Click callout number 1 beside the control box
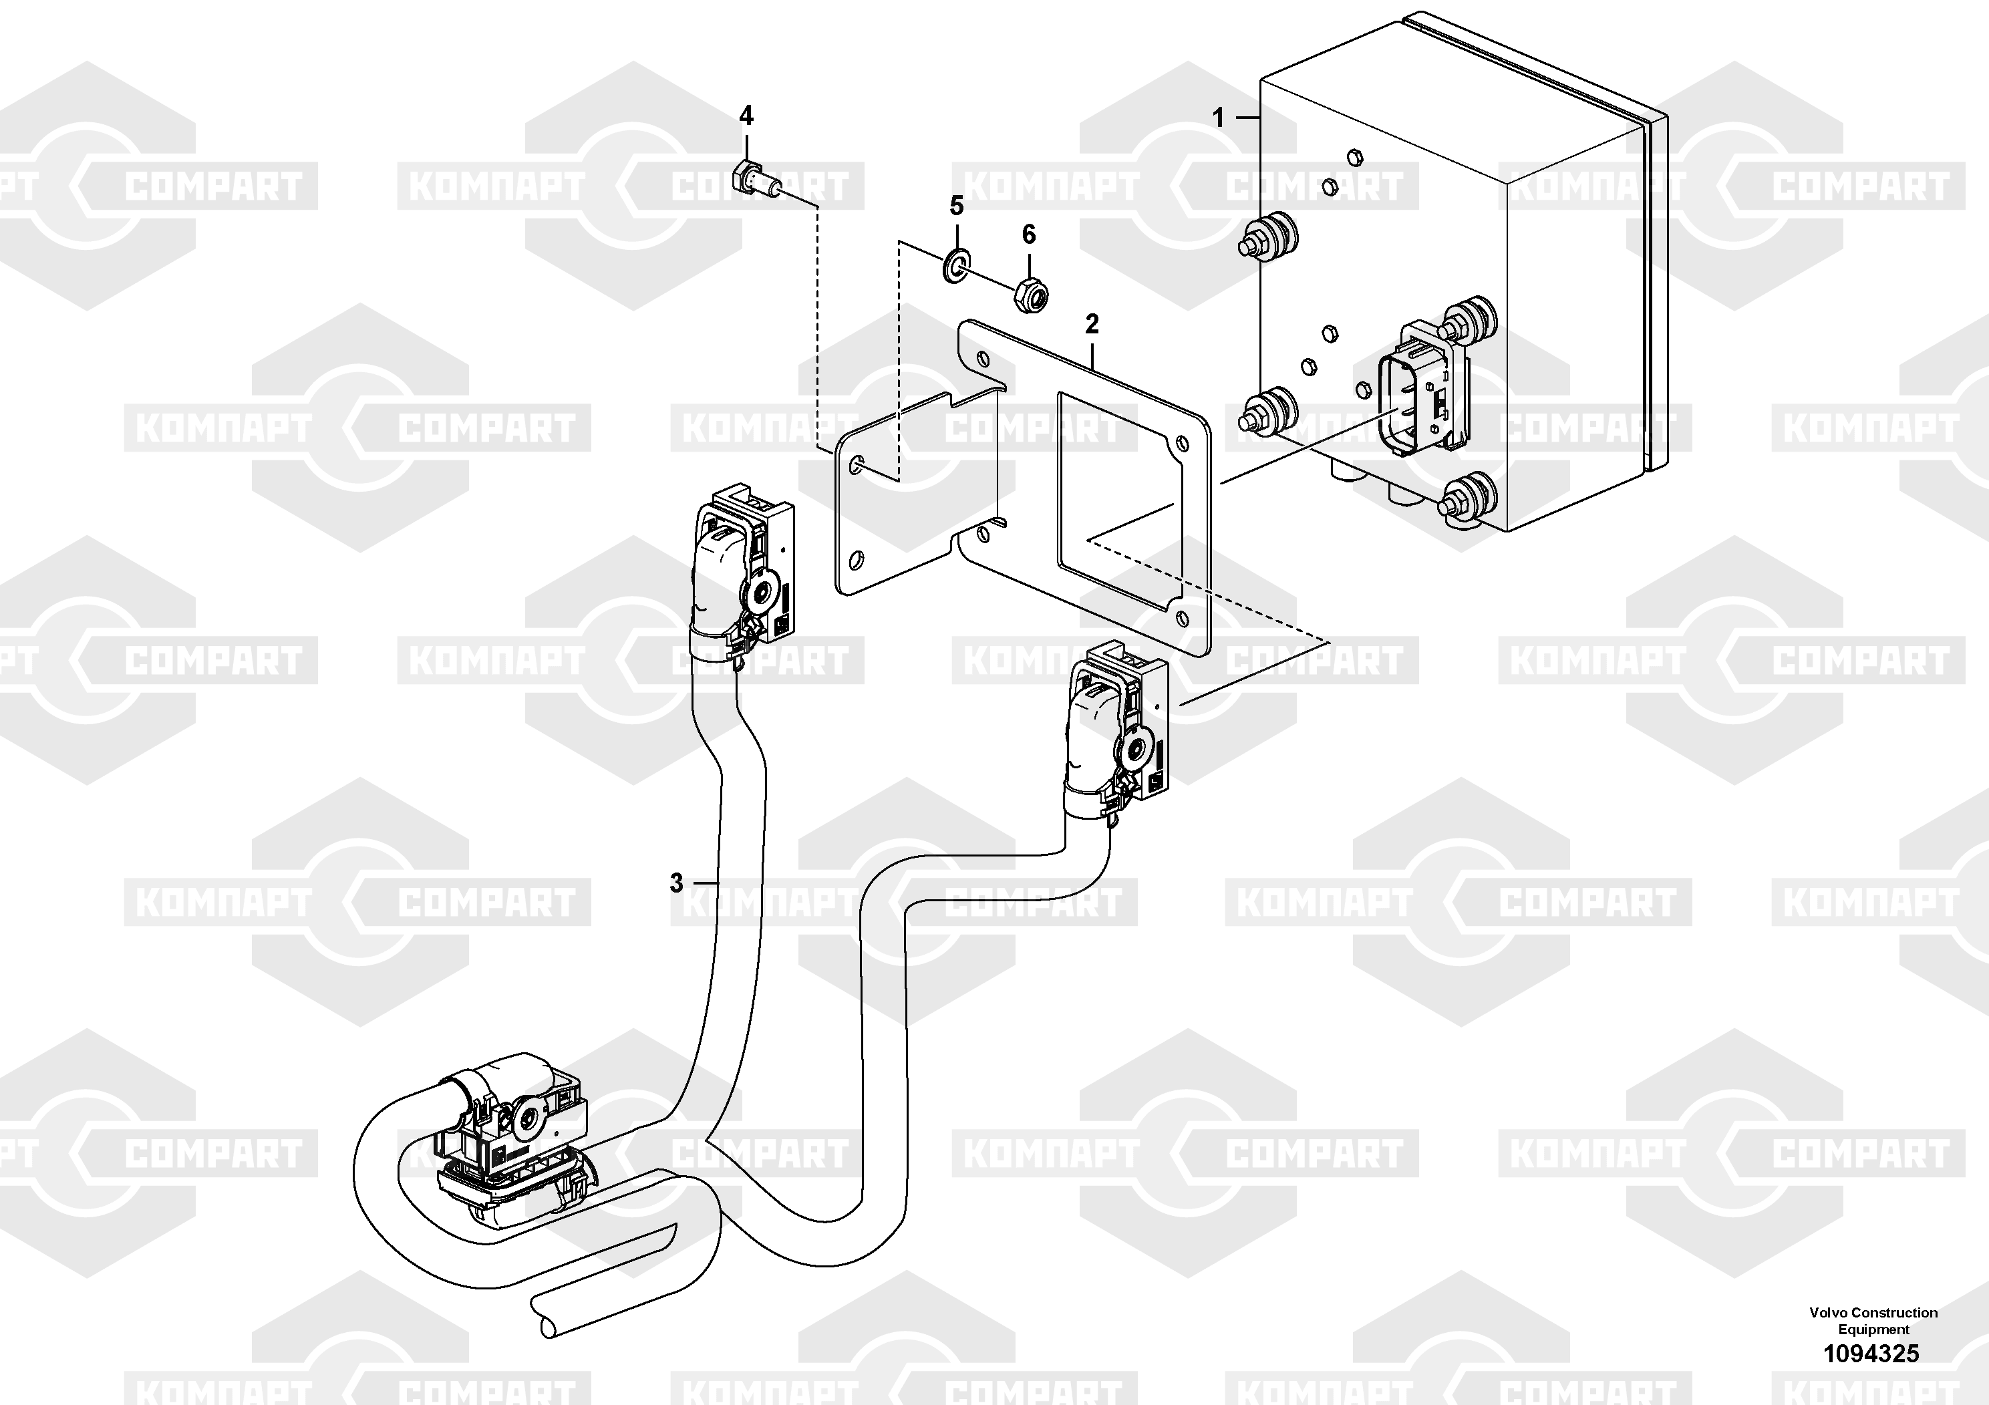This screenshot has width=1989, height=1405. coord(1218,117)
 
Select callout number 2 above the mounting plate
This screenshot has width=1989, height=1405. coord(1092,324)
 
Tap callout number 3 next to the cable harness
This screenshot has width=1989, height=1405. coord(677,883)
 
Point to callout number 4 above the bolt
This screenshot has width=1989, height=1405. coord(746,115)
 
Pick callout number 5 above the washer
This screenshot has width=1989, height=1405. coord(956,206)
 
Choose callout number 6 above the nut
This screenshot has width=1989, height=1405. coord(1028,234)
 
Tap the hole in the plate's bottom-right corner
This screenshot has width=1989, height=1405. coord(1182,617)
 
